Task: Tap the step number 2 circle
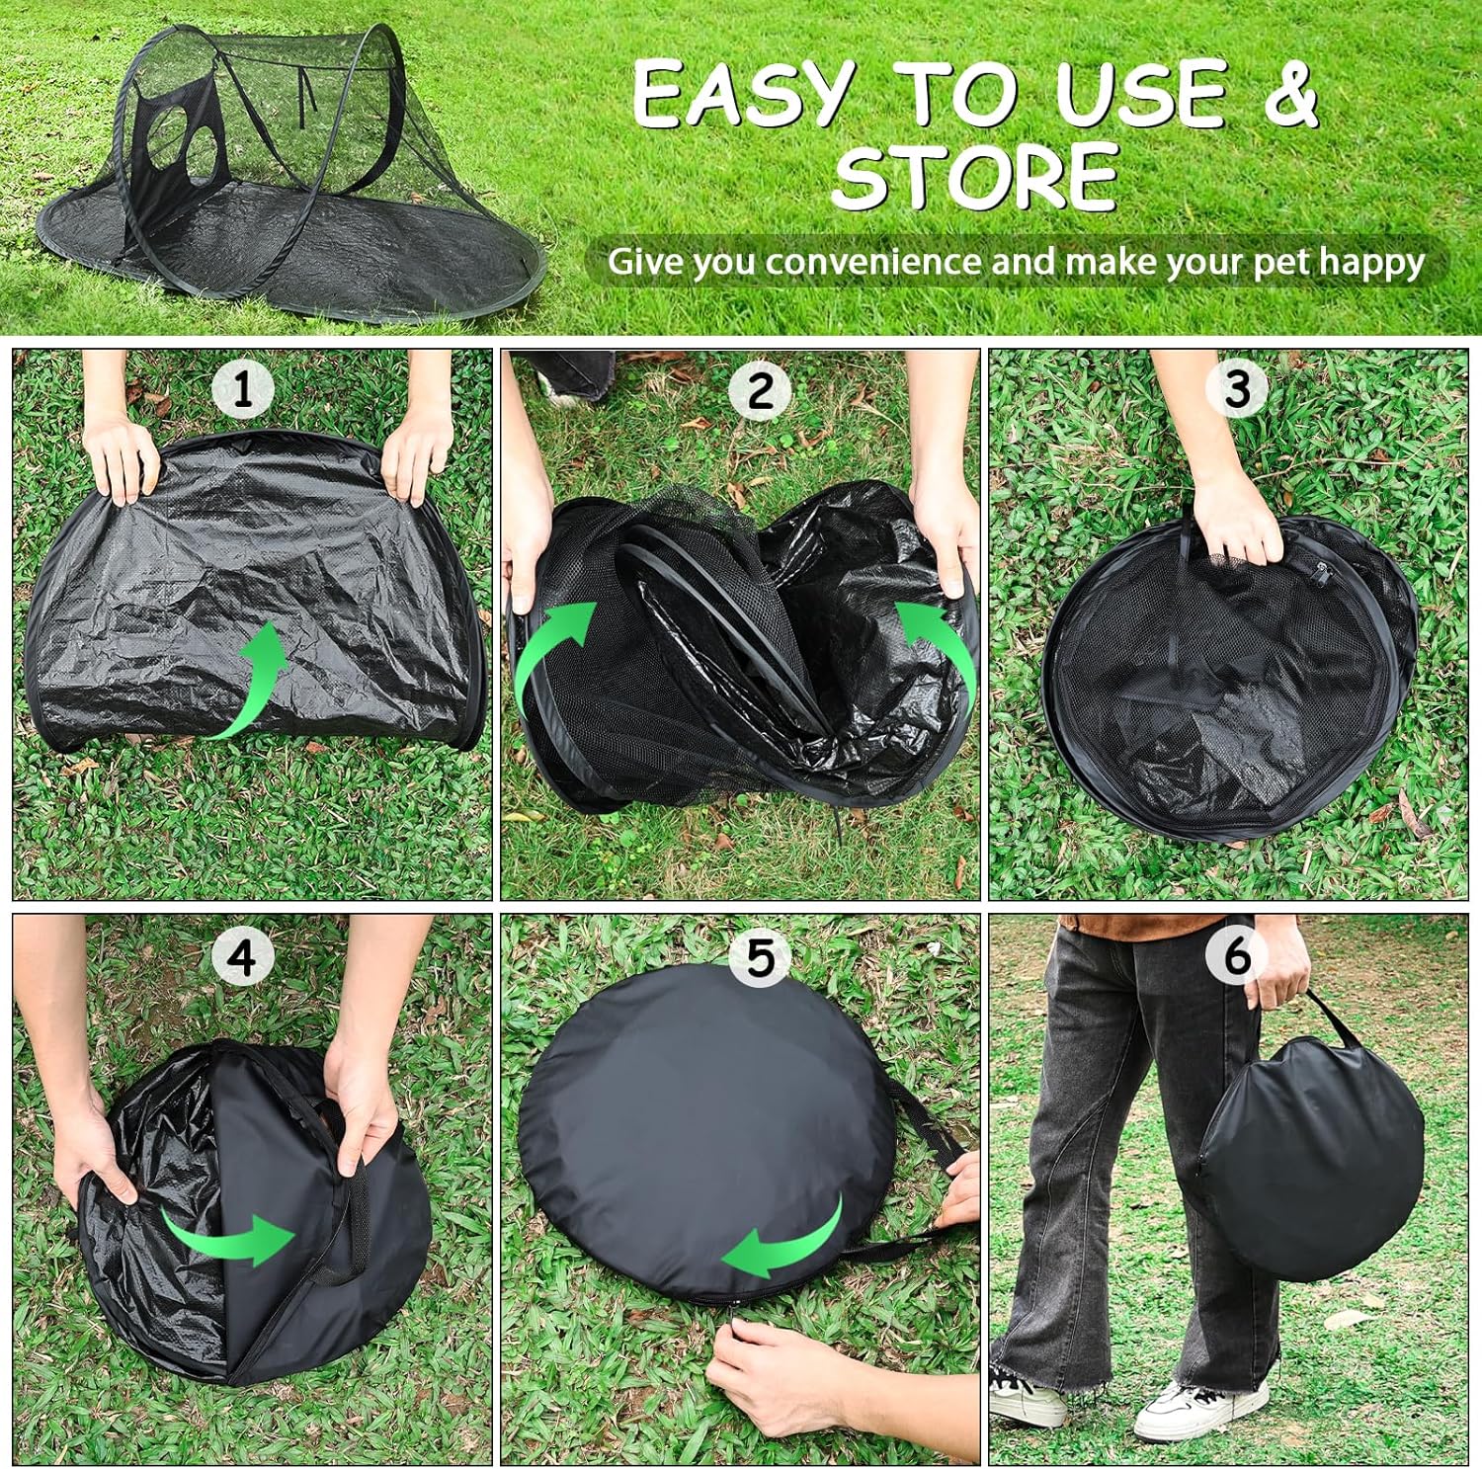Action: pyautogui.click(x=760, y=390)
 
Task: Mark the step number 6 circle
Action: pyautogui.click(x=1237, y=955)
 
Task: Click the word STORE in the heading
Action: pyautogui.click(x=975, y=177)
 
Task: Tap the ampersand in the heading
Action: pyautogui.click(x=1283, y=94)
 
